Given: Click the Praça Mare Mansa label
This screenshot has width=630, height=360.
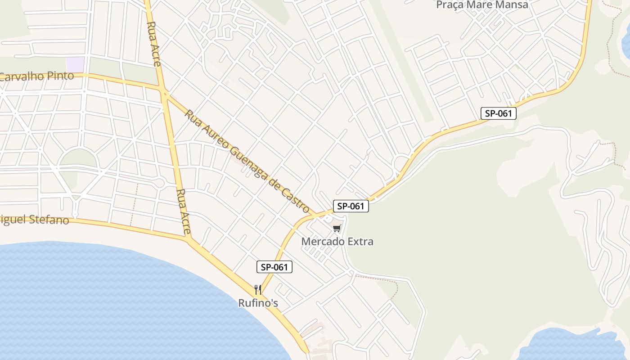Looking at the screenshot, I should (x=482, y=5).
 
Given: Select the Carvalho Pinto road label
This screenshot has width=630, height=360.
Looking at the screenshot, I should (x=37, y=76).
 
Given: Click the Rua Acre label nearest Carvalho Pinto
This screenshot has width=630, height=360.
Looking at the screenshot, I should (x=154, y=44).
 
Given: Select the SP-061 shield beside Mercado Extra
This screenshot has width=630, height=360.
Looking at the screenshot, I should (x=351, y=206).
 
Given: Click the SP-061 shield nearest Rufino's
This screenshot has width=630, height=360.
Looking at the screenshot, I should (x=274, y=267).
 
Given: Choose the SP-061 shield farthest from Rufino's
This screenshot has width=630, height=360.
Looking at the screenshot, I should (x=498, y=113).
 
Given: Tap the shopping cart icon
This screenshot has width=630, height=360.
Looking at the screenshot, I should (x=337, y=229).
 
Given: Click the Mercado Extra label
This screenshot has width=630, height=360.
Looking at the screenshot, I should (x=337, y=242).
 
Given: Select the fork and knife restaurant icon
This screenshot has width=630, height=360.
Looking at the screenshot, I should (x=258, y=289).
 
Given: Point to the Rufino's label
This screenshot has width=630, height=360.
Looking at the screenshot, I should (x=258, y=303).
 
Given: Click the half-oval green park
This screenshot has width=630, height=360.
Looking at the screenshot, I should (x=78, y=157).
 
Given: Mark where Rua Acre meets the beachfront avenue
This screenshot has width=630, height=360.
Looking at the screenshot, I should (x=189, y=238).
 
